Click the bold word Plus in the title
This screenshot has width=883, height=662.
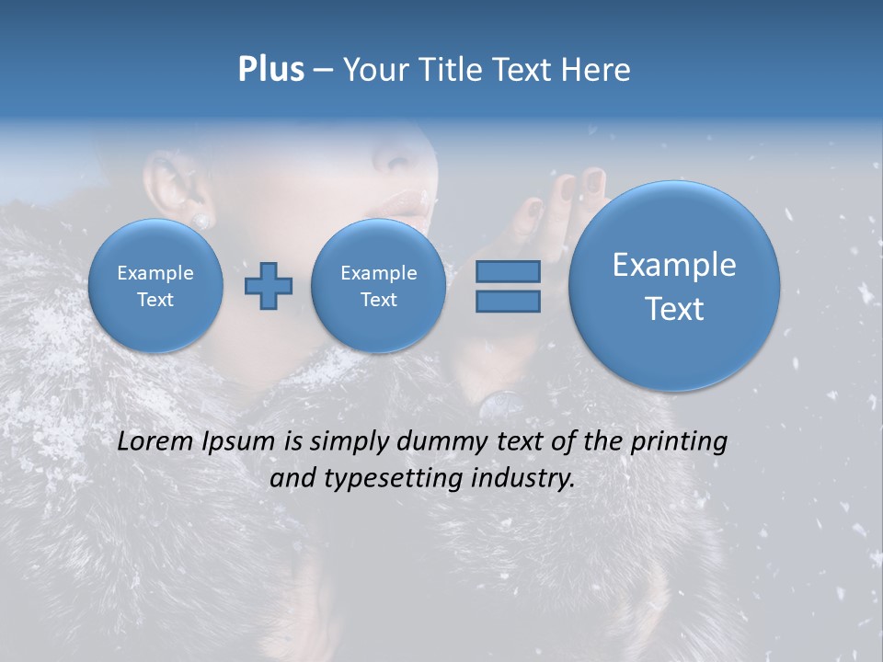pyautogui.click(x=270, y=70)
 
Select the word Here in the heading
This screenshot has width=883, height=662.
pyautogui.click(x=597, y=70)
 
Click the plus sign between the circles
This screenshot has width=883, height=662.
pyautogui.click(x=268, y=286)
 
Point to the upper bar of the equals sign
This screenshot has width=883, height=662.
pyautogui.click(x=507, y=271)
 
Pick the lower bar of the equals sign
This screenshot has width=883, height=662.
pyautogui.click(x=507, y=301)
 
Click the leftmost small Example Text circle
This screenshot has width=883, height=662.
pyautogui.click(x=155, y=286)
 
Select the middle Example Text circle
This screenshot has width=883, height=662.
pyautogui.click(x=378, y=286)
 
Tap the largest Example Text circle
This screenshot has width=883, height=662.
pyautogui.click(x=674, y=286)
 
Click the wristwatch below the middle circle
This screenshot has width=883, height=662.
pyautogui.click(x=501, y=402)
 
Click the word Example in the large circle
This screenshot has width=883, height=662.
pyautogui.click(x=674, y=265)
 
